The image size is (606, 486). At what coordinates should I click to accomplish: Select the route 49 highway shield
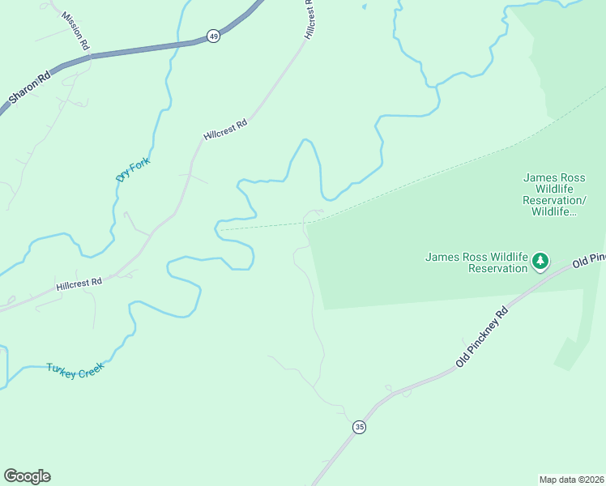pyautogui.click(x=213, y=36)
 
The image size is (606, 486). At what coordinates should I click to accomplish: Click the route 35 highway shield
pyautogui.click(x=359, y=426)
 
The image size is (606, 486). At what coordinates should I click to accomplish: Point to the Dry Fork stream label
pyautogui.click(x=134, y=167)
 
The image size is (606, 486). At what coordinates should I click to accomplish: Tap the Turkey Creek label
pyautogui.click(x=75, y=371)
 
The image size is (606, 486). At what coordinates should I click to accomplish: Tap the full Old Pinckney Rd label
pyautogui.click(x=482, y=337)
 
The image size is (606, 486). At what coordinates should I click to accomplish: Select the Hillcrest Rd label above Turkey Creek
pyautogui.click(x=79, y=283)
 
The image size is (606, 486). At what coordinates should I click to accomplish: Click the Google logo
pyautogui.click(x=27, y=476)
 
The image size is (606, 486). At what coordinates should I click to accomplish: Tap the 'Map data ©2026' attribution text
pyautogui.click(x=571, y=479)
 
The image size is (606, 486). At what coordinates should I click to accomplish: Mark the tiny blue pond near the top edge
pyautogui.click(x=364, y=6)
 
